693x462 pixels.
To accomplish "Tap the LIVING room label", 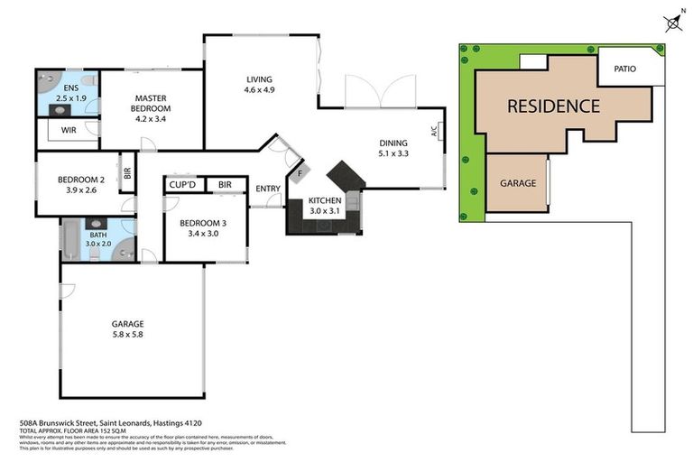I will click(258, 79).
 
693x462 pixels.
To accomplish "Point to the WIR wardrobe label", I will click(69, 130).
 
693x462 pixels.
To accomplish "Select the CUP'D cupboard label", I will click(183, 185).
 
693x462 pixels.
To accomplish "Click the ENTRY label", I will click(268, 189).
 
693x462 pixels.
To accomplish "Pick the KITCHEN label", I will click(325, 200).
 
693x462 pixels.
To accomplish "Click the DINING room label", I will click(393, 143).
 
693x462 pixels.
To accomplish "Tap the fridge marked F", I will click(300, 171).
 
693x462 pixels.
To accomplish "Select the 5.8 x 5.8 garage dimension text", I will click(127, 334).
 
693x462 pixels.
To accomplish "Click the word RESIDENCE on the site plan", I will click(553, 106).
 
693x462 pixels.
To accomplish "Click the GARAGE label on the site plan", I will click(518, 183).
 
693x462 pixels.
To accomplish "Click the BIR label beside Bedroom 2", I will click(127, 171).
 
